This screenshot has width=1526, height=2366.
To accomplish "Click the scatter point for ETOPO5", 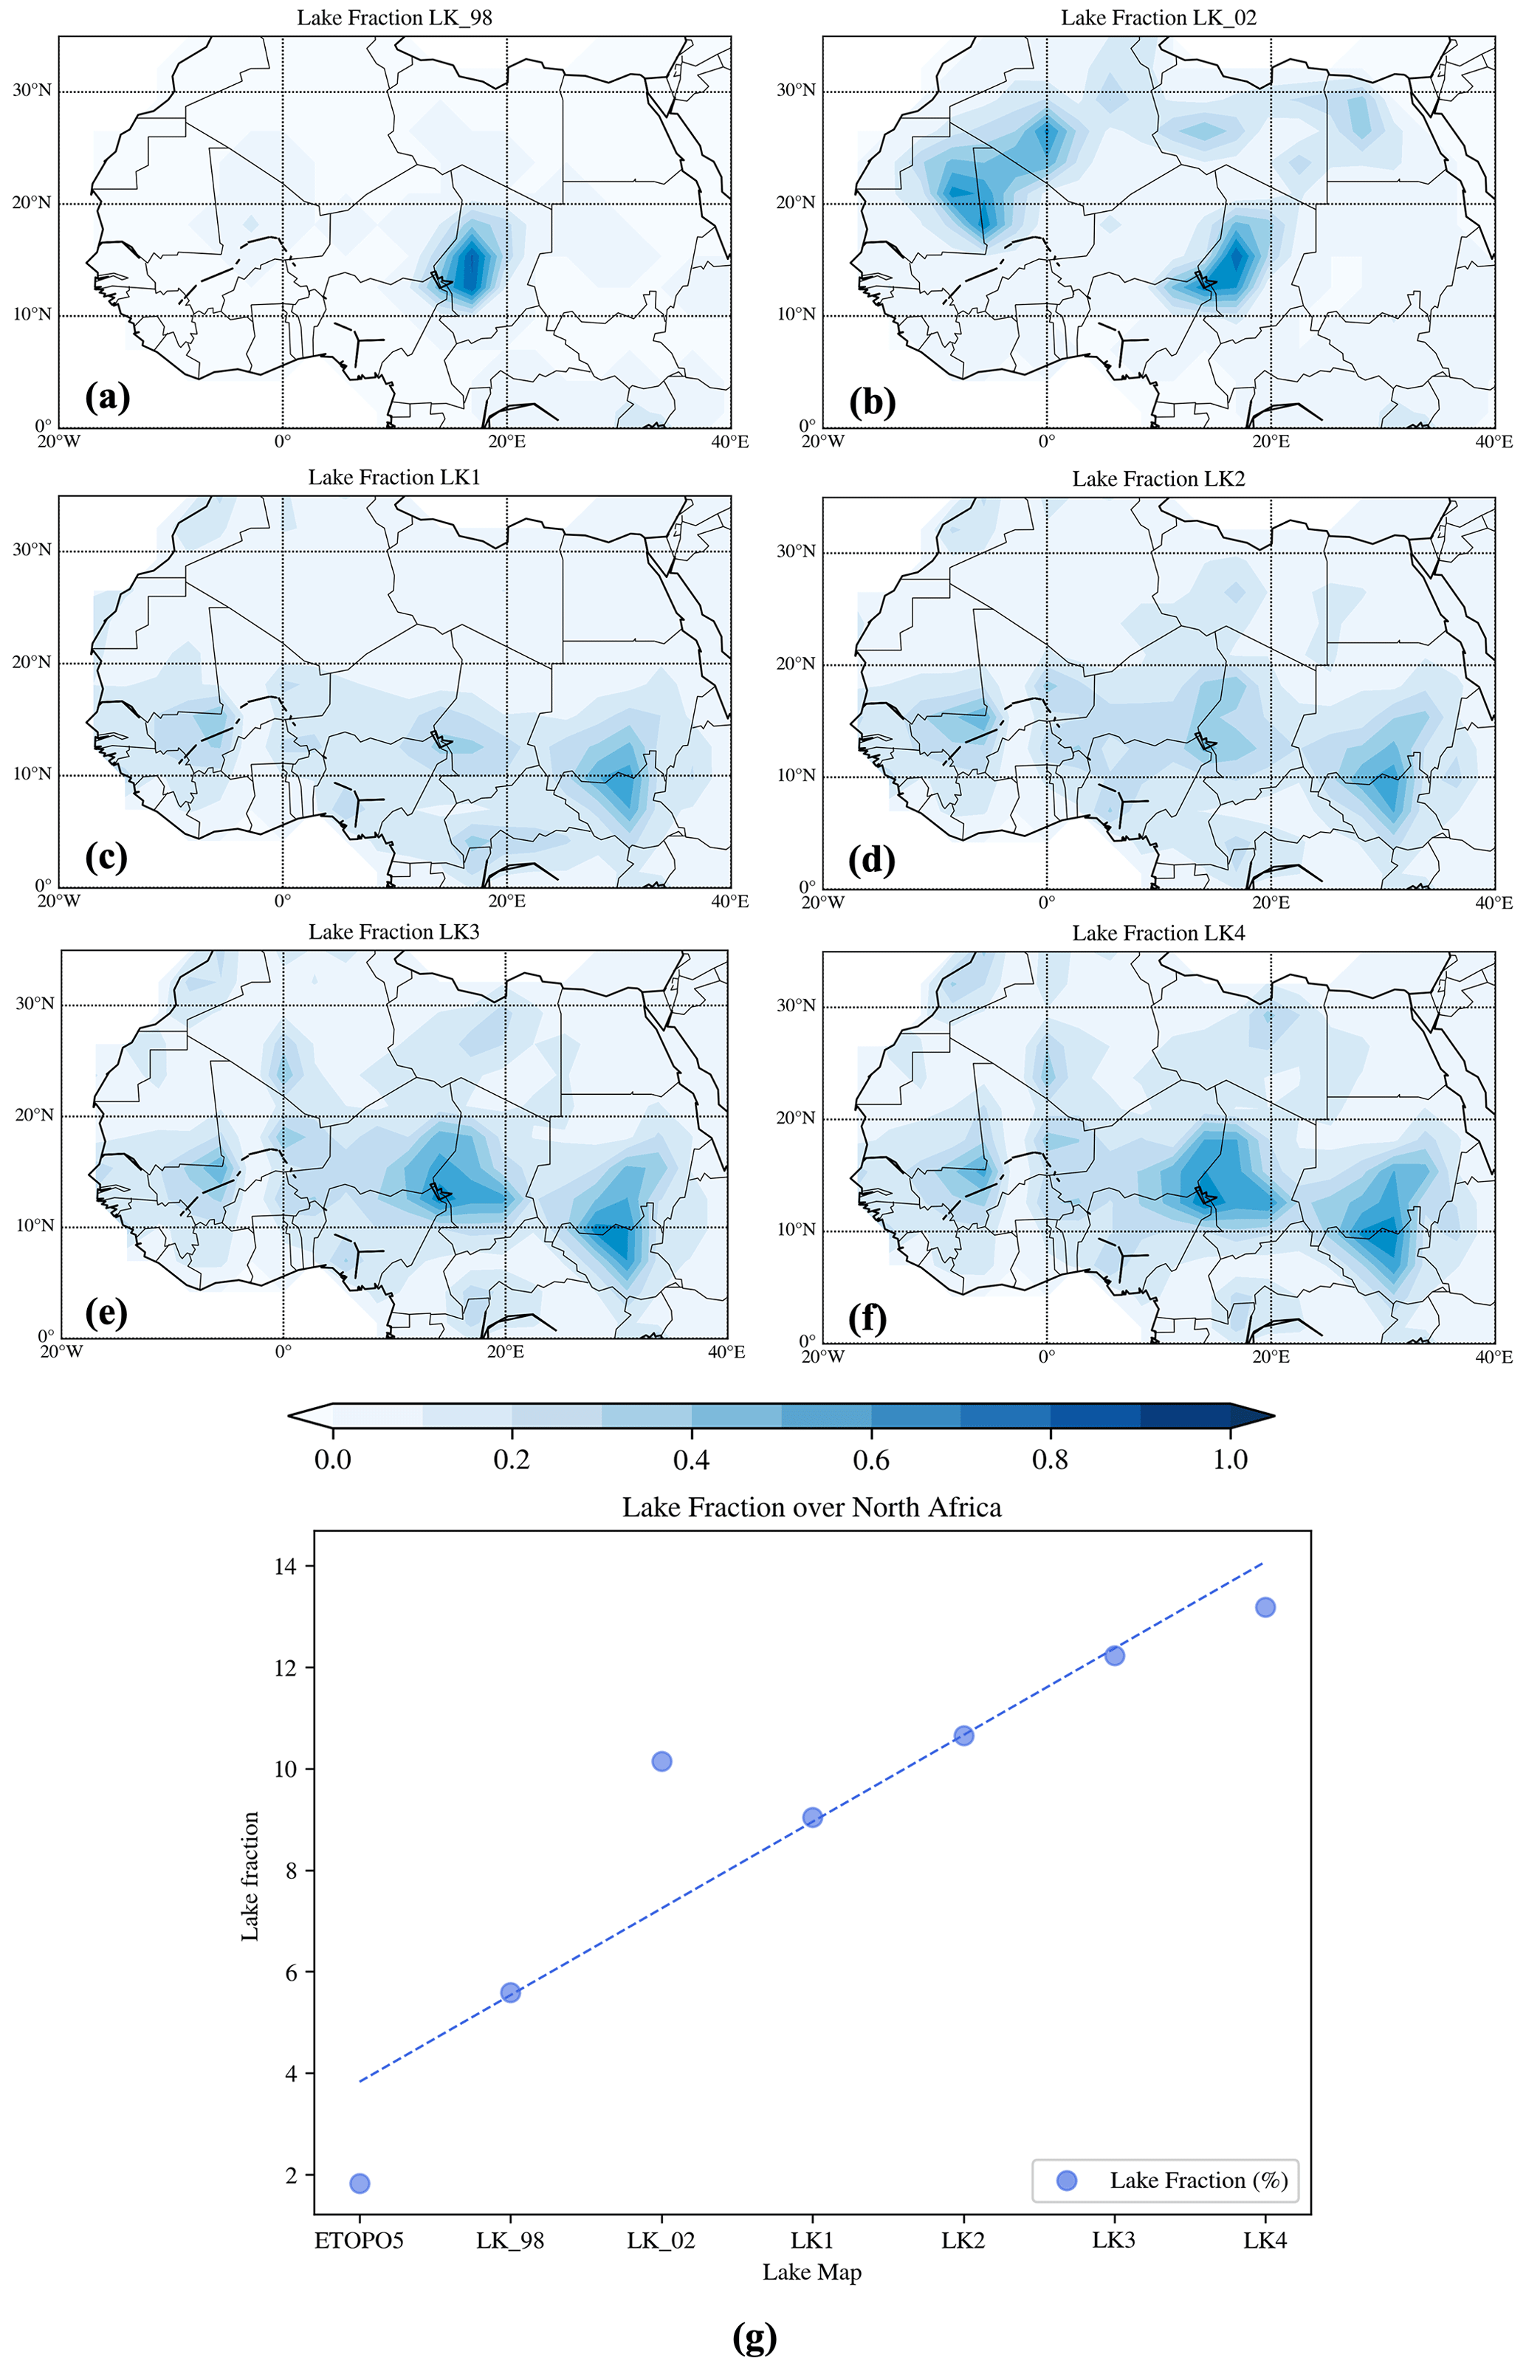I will pyautogui.click(x=360, y=2184).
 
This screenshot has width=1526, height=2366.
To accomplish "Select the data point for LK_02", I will pyautogui.click(x=662, y=1761).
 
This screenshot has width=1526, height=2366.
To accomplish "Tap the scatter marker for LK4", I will pyautogui.click(x=1265, y=1607).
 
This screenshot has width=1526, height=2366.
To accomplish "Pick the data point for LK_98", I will pyautogui.click(x=510, y=1992).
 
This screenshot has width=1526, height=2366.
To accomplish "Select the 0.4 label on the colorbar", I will pyautogui.click(x=691, y=1459).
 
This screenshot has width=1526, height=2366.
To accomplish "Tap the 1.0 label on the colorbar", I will pyautogui.click(x=1231, y=1459).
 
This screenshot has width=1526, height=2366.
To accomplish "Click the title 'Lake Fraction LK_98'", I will pyautogui.click(x=394, y=18).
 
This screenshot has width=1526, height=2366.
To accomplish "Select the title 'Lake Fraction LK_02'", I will pyautogui.click(x=1158, y=18).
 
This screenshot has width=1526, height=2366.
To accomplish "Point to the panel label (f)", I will pyautogui.click(x=868, y=1318).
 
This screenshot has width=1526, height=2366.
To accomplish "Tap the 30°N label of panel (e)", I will pyautogui.click(x=34, y=1004).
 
